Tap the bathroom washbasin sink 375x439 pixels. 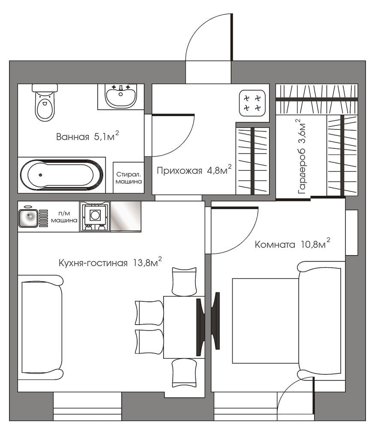coord(121,96)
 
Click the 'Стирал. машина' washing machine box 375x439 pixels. coord(129,177)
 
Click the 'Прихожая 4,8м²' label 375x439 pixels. coord(194,170)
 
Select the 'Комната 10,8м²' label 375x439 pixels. coord(292,244)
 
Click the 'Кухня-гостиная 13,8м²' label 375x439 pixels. coord(110,262)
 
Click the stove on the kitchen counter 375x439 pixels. coord(95,216)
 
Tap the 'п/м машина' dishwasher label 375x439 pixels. coord(64,217)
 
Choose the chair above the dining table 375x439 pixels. coord(184,281)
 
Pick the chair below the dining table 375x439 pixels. coord(184,373)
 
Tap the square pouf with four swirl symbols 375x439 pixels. coord(252,103)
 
